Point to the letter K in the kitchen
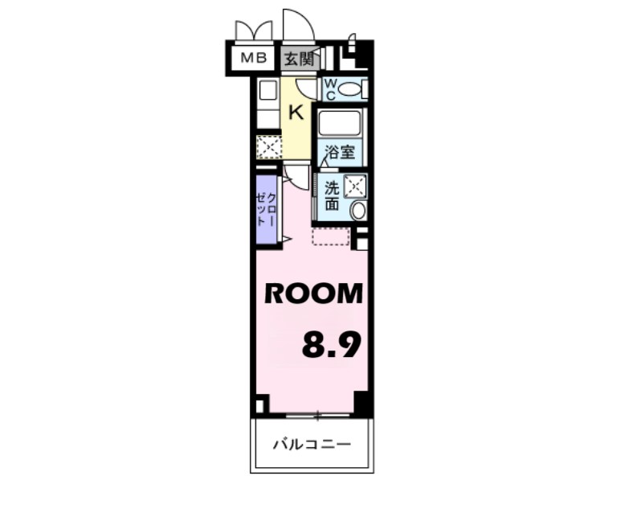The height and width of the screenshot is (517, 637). (x=296, y=112)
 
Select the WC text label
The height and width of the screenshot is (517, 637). (x=329, y=88)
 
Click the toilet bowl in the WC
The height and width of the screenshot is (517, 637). (x=350, y=88)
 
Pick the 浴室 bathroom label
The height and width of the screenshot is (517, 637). (x=340, y=152)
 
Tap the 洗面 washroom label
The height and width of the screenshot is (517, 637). (x=332, y=196)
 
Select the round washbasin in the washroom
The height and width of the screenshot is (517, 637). (x=358, y=211)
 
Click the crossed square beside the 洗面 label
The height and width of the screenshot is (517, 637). (x=355, y=187)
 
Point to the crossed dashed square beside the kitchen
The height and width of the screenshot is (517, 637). (x=267, y=147)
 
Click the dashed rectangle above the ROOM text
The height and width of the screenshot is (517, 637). (x=330, y=236)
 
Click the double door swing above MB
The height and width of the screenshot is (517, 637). (x=253, y=31)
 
